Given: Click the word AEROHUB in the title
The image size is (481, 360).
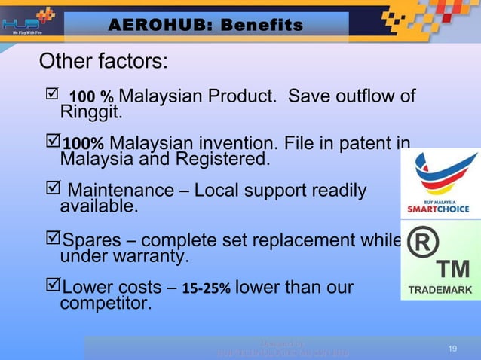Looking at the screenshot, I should [155, 26].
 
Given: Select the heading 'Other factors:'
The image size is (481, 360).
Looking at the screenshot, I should [103, 60].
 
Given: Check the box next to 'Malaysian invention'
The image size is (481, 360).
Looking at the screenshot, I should [52, 143].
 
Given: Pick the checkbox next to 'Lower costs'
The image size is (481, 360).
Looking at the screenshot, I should [52, 288].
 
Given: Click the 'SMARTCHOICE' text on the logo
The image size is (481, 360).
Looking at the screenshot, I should [440, 209].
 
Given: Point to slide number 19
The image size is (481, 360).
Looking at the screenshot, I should [452, 348].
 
